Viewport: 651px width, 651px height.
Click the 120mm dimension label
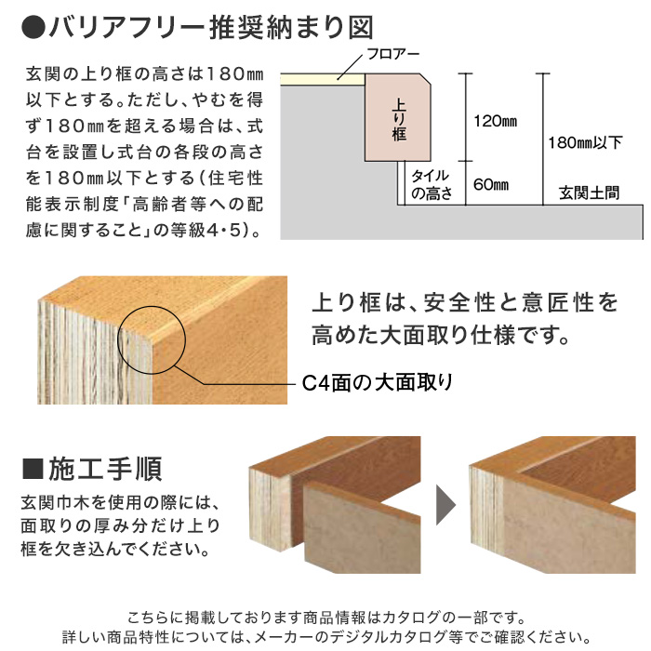tap(496, 121)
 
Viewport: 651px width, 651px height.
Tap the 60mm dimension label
tap(491, 184)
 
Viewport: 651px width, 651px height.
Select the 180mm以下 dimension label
tap(585, 143)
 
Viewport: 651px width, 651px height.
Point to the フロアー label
tap(393, 54)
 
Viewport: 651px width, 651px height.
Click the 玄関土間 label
tap(589, 193)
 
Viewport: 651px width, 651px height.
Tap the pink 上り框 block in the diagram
tap(398, 117)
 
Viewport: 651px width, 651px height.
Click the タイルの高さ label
tap(432, 185)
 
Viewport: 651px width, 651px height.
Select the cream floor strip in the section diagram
tap(323, 79)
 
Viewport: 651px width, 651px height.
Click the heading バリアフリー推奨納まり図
tap(211, 28)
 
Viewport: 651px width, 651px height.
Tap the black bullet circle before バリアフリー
tap(33, 29)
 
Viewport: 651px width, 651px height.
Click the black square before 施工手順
tap(33, 469)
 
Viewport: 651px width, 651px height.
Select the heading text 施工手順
tap(105, 469)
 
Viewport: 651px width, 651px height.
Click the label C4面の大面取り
tap(377, 383)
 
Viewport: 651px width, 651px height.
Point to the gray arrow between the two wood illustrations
tap(445, 505)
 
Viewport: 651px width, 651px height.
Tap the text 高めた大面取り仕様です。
tap(441, 335)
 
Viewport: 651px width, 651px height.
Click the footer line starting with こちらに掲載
tap(326, 618)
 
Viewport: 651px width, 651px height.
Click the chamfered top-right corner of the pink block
tap(426, 79)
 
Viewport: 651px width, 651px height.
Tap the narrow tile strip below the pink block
tap(401, 182)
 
